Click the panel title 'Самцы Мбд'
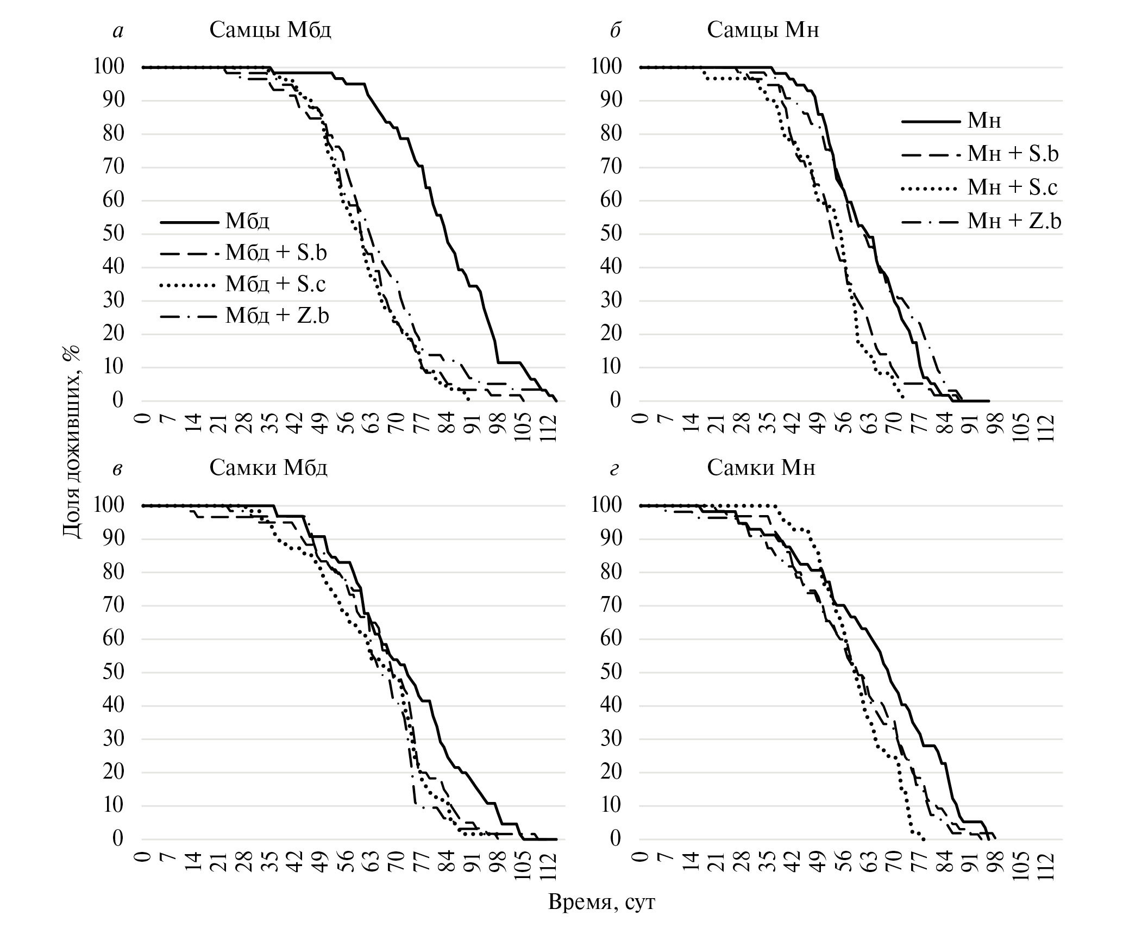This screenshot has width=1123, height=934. pyautogui.click(x=270, y=30)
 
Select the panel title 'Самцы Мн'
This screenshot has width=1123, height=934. pyautogui.click(x=763, y=30)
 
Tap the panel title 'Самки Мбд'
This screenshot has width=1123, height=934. pyautogui.click(x=268, y=467)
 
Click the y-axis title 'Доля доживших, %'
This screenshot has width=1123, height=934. pyautogui.click(x=71, y=441)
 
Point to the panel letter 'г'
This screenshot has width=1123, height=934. pyautogui.click(x=614, y=468)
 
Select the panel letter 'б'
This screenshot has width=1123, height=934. pyautogui.click(x=615, y=31)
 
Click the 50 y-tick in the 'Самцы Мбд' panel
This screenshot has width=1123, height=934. pyautogui.click(x=114, y=234)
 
